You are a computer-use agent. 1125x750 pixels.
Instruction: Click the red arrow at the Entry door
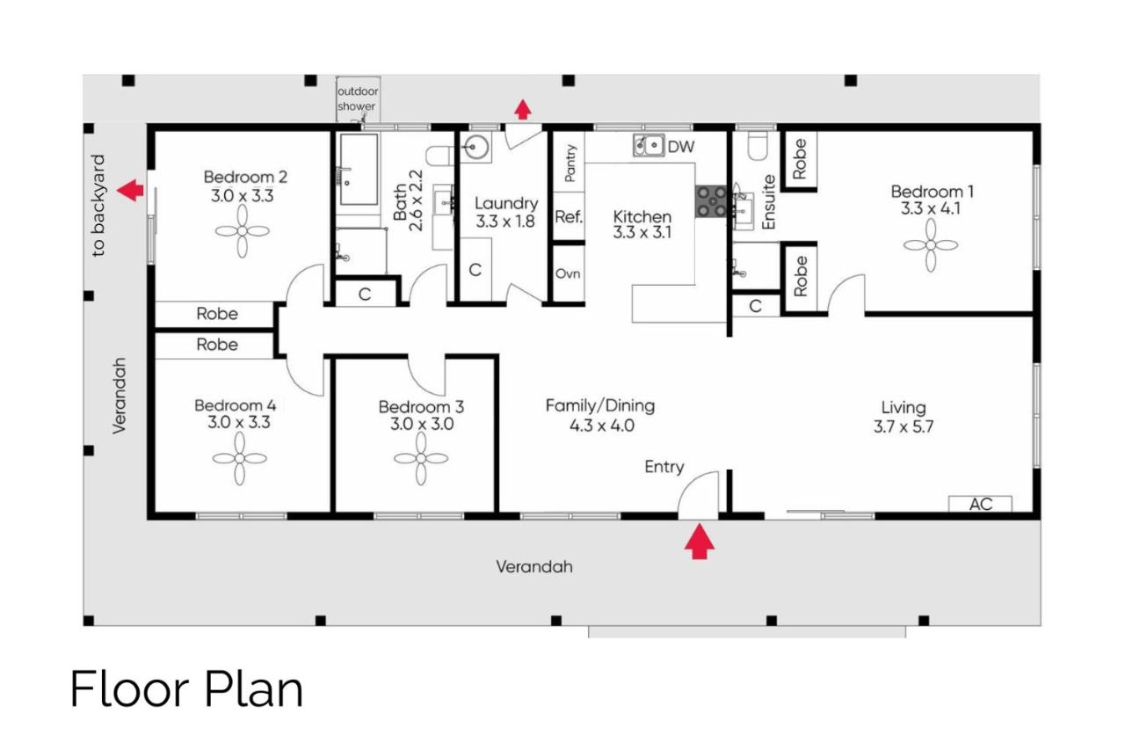699,542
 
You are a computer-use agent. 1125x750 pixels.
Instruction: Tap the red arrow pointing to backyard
131,191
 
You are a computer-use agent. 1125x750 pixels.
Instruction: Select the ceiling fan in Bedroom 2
242,231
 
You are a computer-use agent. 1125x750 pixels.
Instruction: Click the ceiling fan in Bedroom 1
931,245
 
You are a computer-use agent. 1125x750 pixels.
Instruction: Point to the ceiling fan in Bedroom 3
421,458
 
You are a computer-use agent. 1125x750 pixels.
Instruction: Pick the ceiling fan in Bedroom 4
240,458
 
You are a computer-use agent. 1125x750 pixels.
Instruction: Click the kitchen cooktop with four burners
711,201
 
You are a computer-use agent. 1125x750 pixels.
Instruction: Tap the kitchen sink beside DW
649,145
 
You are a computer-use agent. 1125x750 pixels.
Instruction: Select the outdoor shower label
358,99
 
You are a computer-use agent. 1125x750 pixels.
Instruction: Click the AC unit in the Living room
980,504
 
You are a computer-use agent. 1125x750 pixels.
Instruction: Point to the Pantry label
570,163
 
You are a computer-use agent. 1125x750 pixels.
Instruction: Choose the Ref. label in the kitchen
569,217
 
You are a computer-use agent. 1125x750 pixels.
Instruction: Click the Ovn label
568,273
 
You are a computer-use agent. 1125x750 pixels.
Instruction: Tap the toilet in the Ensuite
758,145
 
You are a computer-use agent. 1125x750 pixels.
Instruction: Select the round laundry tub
475,147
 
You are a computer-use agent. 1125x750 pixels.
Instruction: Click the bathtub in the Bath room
359,169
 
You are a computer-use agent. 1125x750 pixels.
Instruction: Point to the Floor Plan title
187,688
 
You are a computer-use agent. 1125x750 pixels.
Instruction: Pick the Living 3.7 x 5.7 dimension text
904,426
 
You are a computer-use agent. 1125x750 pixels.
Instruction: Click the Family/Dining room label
600,406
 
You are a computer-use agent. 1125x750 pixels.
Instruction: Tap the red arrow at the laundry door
523,110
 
